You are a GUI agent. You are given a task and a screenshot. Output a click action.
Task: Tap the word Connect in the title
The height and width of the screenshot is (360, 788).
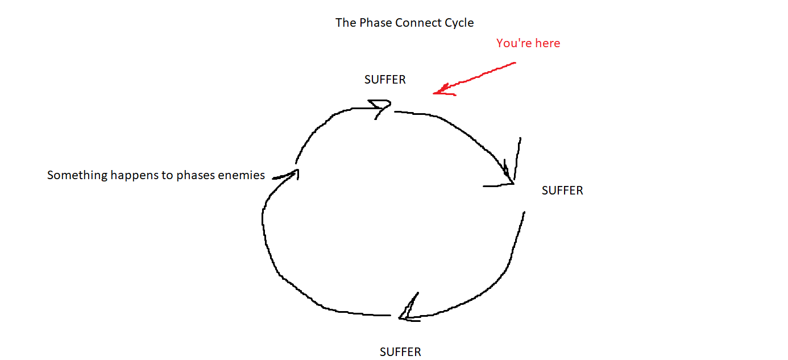[x=416, y=23]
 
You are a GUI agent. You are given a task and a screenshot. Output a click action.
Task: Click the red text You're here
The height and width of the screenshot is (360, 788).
[x=528, y=43]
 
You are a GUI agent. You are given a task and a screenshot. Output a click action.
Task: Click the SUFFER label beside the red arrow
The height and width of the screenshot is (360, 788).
[x=385, y=80]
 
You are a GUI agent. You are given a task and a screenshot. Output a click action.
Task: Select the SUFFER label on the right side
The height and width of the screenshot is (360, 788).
[x=562, y=191]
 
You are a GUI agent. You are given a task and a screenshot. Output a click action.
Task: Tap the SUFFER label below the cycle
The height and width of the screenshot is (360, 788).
[x=400, y=352]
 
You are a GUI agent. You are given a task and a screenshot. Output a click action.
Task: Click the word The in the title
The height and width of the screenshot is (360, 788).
[x=345, y=23]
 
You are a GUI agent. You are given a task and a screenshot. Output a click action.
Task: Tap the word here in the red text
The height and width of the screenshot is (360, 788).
[x=547, y=43]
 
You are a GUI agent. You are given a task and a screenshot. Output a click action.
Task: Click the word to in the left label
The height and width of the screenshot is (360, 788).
[x=167, y=175]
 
